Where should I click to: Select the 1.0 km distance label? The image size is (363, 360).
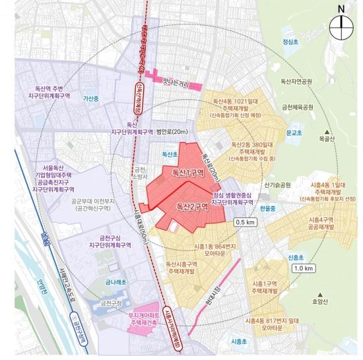pyautogui.click(x=303, y=268)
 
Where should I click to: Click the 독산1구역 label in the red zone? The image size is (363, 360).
pyautogui.click(x=187, y=173)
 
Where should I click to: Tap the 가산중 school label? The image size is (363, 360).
pyautogui.click(x=90, y=98)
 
